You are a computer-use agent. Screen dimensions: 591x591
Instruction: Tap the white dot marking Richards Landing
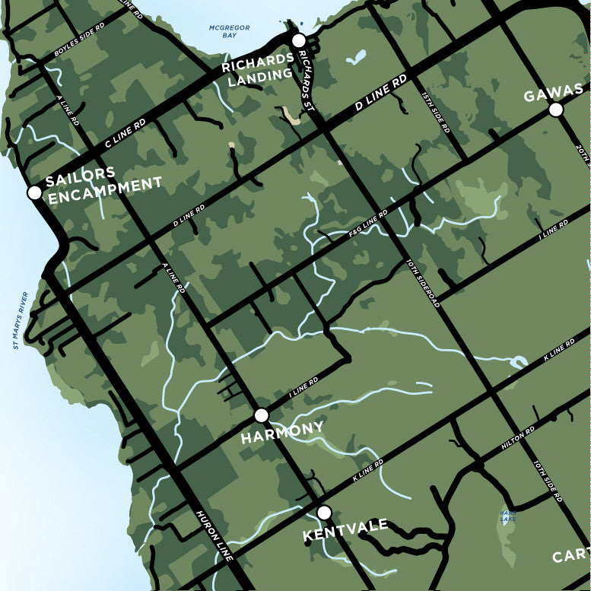(x=298, y=40)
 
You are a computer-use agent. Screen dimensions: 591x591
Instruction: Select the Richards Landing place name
(x=258, y=67)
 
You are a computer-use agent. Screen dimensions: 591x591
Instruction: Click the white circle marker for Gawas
(x=556, y=110)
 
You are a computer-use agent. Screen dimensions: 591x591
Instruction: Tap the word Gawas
(x=553, y=95)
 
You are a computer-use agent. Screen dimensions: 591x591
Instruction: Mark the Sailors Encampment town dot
(x=34, y=192)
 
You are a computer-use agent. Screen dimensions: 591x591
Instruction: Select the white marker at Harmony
(x=262, y=415)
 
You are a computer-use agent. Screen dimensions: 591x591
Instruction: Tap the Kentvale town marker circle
(x=324, y=513)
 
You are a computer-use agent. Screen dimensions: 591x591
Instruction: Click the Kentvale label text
(x=345, y=529)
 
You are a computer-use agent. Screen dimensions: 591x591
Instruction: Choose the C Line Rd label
(x=126, y=133)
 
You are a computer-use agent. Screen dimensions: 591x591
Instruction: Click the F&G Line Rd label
(x=368, y=226)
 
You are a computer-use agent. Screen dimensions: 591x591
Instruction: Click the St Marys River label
(x=21, y=320)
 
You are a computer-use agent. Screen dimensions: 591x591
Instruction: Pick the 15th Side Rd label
(x=436, y=112)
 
